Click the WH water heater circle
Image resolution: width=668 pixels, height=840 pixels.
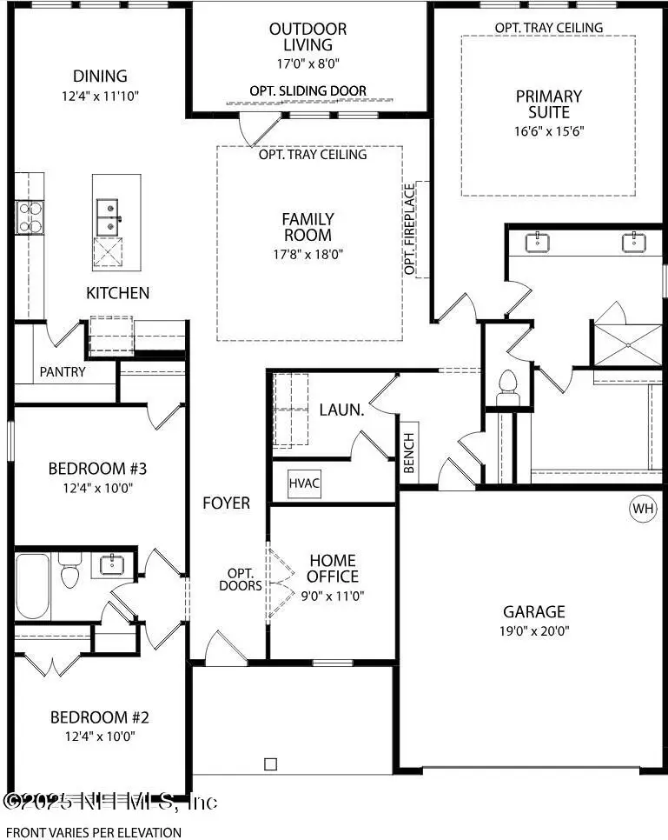[x=643, y=508]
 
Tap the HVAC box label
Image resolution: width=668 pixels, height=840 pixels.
[x=304, y=483]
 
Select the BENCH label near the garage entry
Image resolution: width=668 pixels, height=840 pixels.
[x=409, y=453]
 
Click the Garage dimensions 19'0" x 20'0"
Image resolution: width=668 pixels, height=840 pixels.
[x=534, y=631]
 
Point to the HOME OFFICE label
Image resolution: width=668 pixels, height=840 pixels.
[x=333, y=569]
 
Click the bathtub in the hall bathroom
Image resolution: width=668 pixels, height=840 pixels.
[x=33, y=586]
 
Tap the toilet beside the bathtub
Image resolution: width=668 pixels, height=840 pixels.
[x=69, y=570]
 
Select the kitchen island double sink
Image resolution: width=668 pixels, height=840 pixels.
[x=108, y=217]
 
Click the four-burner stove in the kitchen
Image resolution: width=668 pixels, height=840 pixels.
[x=30, y=217]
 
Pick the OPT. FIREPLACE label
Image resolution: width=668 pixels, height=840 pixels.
[x=409, y=230]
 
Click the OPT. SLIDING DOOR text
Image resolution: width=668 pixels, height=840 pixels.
[x=308, y=91]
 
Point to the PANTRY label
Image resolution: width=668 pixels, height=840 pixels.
[x=63, y=372]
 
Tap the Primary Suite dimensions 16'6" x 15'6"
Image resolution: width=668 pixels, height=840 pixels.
[x=549, y=131]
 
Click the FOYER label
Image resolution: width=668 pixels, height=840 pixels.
[x=227, y=503]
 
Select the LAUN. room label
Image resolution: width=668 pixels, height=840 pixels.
[x=341, y=410]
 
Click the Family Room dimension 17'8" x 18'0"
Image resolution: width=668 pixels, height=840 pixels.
[x=308, y=254]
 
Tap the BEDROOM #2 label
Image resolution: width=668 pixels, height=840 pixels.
[x=100, y=717]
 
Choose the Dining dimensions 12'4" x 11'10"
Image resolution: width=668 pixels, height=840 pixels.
[x=100, y=97]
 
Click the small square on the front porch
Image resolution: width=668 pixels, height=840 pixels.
[x=271, y=764]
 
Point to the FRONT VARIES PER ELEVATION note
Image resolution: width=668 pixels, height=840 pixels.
[x=93, y=832]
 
